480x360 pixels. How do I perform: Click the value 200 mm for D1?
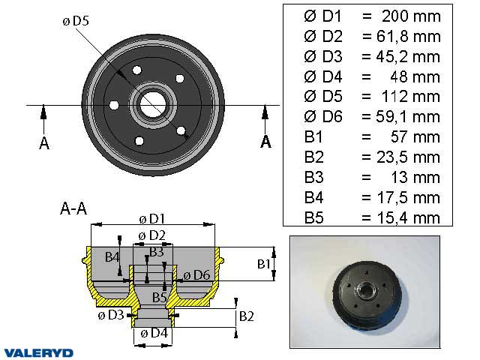click(410, 16)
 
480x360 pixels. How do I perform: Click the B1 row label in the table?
click(313, 137)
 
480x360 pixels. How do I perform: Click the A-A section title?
click(73, 210)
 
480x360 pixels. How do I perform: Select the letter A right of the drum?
click(265, 142)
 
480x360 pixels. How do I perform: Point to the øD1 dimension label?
click(152, 218)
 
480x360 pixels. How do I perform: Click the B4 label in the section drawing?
click(112, 257)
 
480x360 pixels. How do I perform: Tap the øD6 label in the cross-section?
click(195, 274)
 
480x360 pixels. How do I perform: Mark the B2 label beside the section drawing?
click(247, 316)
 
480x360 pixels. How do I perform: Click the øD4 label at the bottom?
click(153, 333)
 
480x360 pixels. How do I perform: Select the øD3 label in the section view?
click(110, 315)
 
